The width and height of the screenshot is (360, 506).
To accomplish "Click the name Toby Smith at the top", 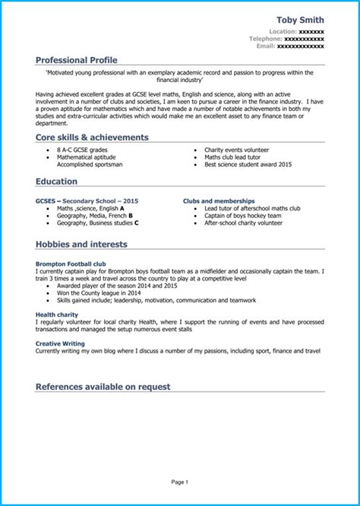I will click(300, 19).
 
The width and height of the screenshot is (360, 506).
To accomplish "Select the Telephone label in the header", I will click(266, 39).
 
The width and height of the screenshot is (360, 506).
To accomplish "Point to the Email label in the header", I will click(265, 46).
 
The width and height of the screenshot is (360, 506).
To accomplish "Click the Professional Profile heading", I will click(76, 59).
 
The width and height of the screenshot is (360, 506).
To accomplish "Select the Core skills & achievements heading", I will click(92, 138).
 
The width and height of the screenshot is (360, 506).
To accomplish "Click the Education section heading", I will click(56, 182).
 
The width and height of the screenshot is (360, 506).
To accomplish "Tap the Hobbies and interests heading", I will click(81, 245).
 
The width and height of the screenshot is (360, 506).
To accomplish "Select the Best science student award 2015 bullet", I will click(248, 164).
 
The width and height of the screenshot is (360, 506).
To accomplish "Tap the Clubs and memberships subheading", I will click(219, 201).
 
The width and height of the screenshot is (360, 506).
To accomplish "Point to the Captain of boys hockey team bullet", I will click(243, 216).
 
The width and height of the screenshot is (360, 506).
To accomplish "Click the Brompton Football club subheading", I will click(69, 264).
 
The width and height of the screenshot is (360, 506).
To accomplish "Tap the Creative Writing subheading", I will click(59, 343).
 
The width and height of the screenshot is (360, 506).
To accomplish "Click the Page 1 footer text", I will click(179, 482).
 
